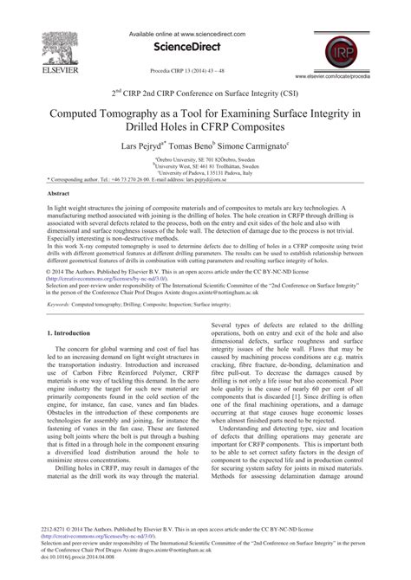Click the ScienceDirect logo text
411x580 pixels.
click(205, 26)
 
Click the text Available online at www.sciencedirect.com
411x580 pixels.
click(205, 10)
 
